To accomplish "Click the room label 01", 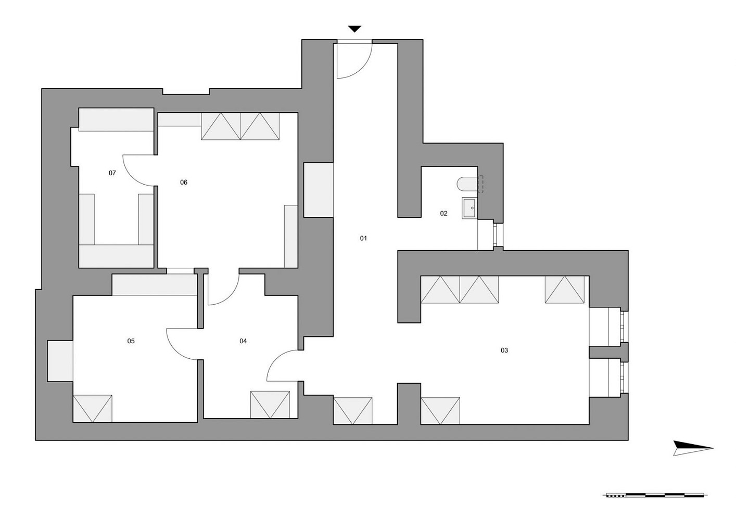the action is [363, 238].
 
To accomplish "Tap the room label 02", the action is [443, 213].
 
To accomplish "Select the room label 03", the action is [504, 350].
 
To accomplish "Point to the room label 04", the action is [243, 341].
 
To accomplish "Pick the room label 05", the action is [131, 341].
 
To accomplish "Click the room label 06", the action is [184, 182].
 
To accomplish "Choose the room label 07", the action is [112, 173].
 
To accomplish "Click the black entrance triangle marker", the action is [355, 29].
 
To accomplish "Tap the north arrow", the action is [693, 448].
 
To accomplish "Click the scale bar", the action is [655, 504].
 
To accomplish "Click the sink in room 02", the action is [470, 208].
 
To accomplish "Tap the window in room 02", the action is [498, 235].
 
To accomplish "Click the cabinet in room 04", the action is [270, 405].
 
